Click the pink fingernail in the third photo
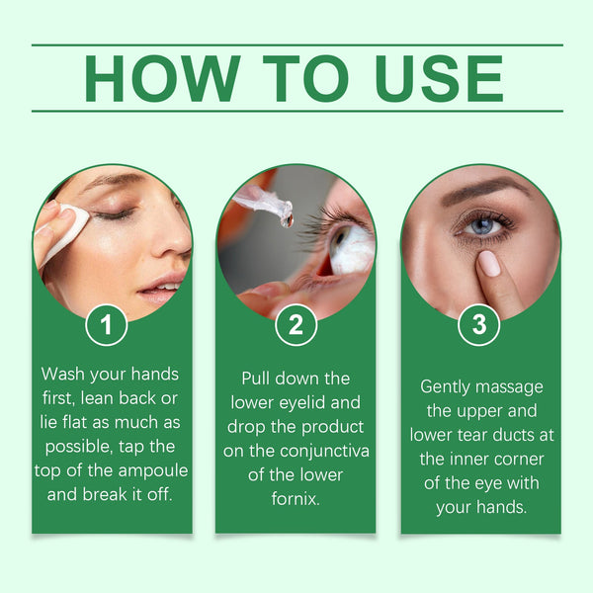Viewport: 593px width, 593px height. coord(489,263)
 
